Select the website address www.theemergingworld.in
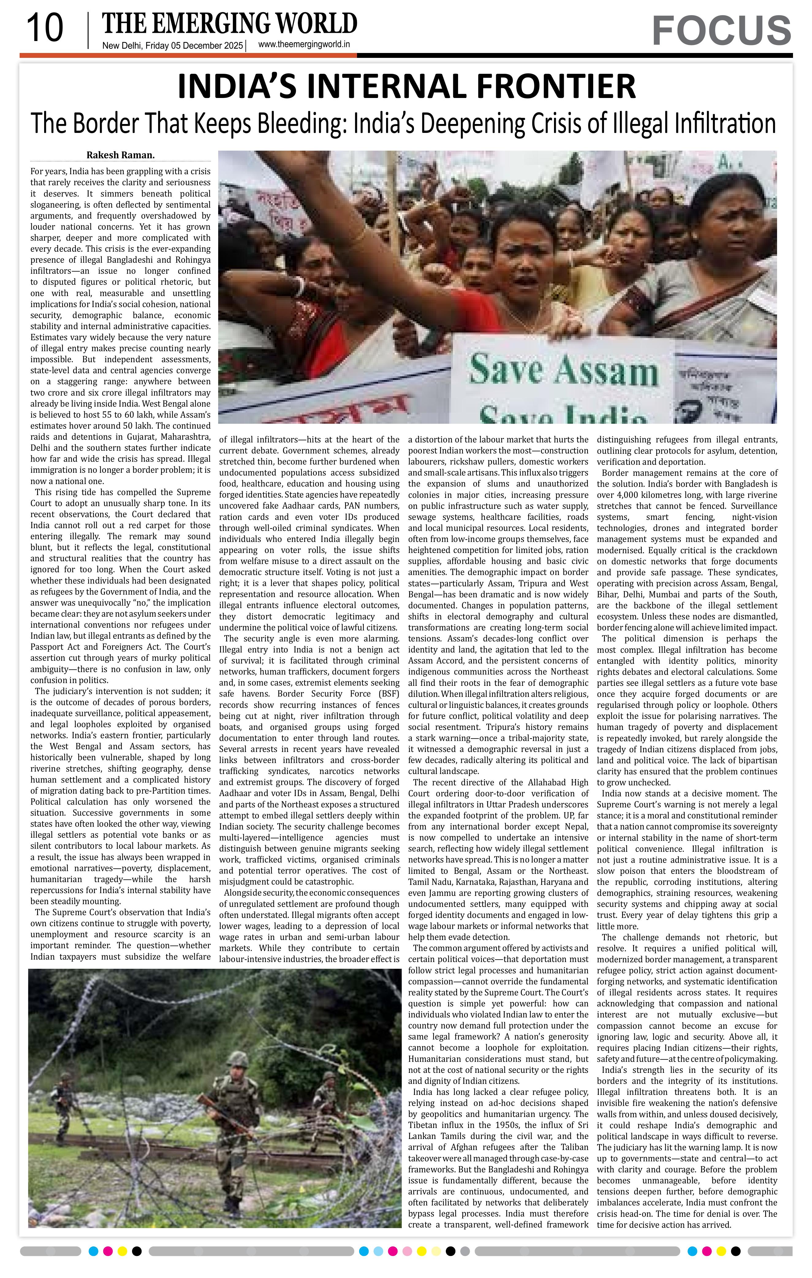(304, 45)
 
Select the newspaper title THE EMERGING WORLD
(230, 24)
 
